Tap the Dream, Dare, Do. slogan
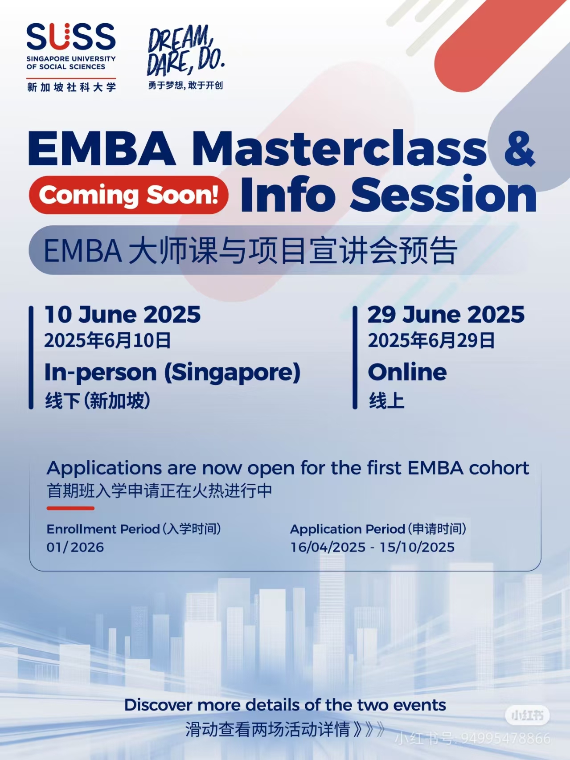coord(186,51)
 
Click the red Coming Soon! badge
coord(128,195)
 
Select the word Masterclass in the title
coord(339,149)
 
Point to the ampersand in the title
coord(519,149)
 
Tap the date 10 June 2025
coord(123,315)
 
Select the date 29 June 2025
coord(446,315)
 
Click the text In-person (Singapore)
coord(172,373)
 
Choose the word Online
coord(407,372)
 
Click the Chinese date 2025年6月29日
coord(431,341)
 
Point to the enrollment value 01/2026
coord(75,547)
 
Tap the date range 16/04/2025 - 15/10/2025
coord(373,547)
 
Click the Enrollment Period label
coord(103,529)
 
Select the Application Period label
coord(347,529)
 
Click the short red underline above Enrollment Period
coord(70,508)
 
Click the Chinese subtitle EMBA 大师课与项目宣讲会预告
coord(250,251)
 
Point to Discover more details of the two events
coord(285,705)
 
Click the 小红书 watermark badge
coord(527,716)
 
